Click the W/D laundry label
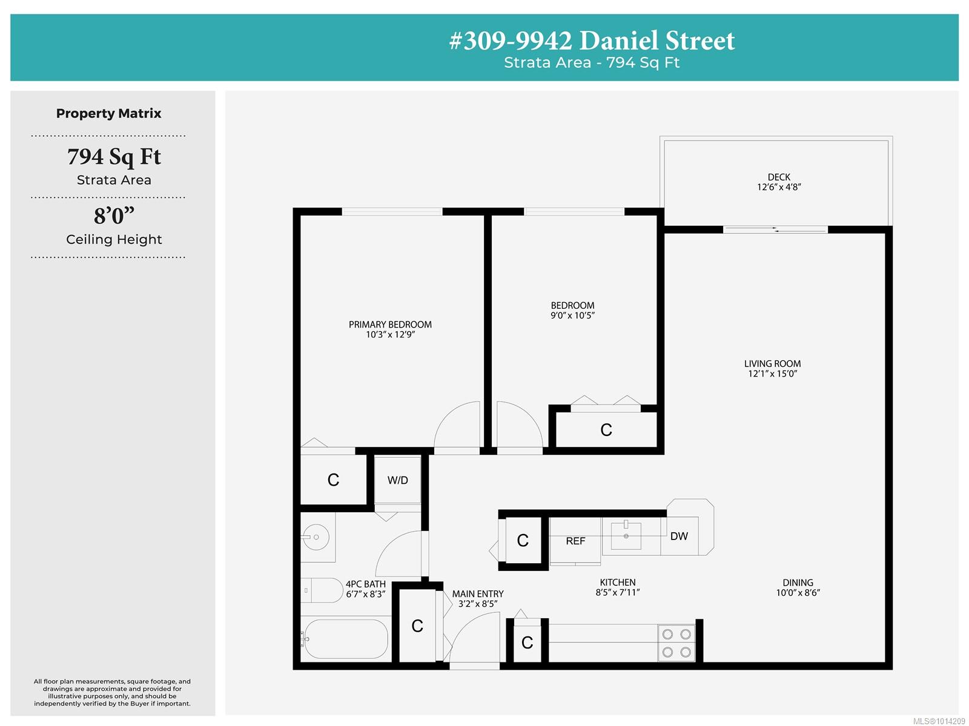[397, 480]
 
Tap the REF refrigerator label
[575, 541]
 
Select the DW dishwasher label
[678, 536]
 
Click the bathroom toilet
[321, 590]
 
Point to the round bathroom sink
[316, 536]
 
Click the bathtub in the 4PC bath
[346, 639]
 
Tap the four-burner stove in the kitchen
[676, 643]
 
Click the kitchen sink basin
[626, 536]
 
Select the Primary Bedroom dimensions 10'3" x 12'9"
[390, 334]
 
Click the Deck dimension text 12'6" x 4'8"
[779, 186]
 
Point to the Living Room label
[772, 364]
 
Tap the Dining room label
[798, 582]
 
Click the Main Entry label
[478, 593]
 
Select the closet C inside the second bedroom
[606, 430]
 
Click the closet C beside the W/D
[333, 480]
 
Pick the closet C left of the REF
[523, 540]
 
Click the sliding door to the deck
[775, 229]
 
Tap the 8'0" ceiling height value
[114, 216]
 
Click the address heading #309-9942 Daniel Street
[592, 41]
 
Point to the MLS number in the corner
[939, 721]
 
